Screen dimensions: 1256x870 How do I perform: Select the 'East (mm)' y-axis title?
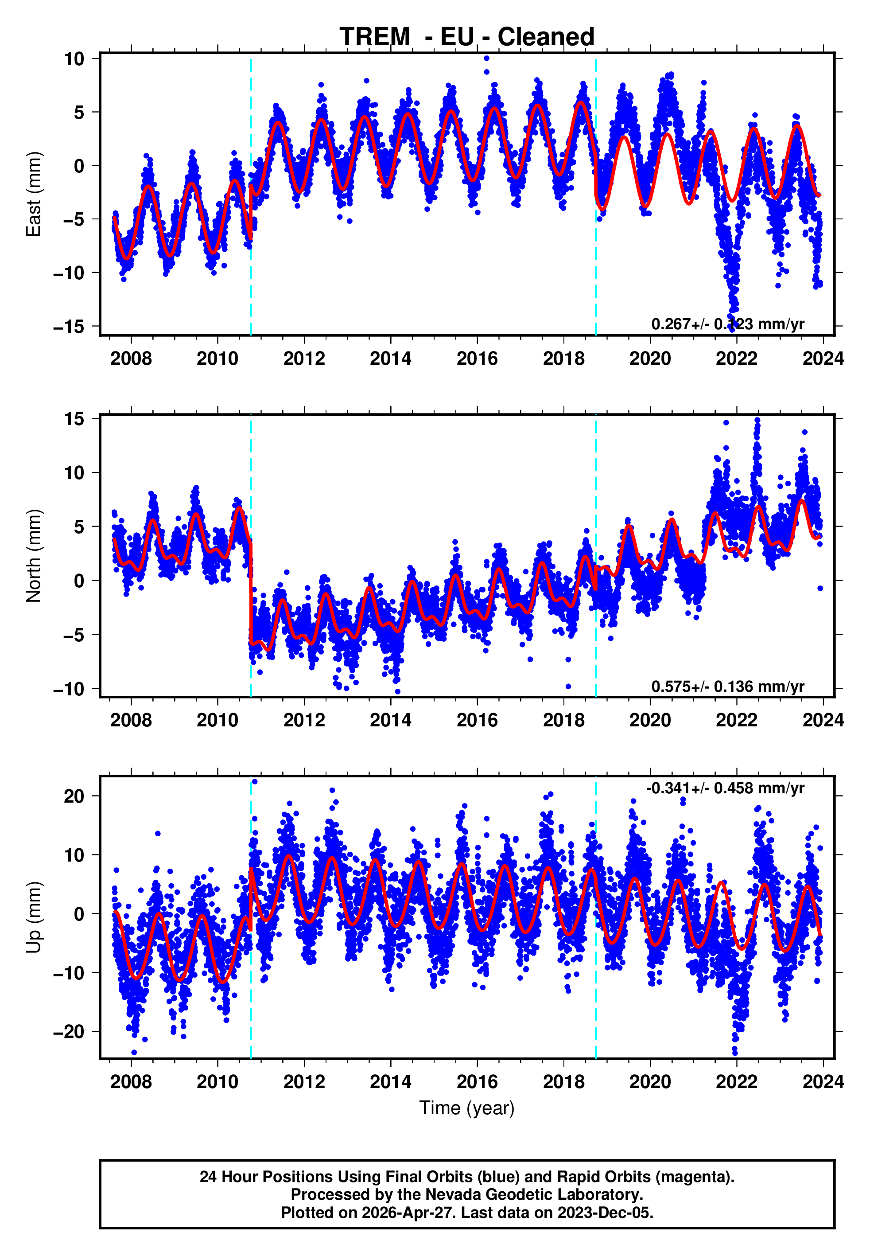(x=34, y=194)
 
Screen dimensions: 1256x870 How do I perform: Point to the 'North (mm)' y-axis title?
(x=34, y=556)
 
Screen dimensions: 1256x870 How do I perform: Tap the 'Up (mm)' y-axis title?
(x=34, y=918)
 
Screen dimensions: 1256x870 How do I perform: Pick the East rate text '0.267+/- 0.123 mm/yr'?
(x=727, y=324)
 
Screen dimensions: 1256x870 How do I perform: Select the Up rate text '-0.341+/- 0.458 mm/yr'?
(x=725, y=788)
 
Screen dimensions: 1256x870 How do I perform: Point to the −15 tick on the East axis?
(x=69, y=327)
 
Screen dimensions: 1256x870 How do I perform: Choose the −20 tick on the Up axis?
(x=69, y=1032)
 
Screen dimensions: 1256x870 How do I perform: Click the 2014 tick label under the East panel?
(x=390, y=359)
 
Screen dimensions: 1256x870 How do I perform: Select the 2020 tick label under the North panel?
(x=650, y=721)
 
